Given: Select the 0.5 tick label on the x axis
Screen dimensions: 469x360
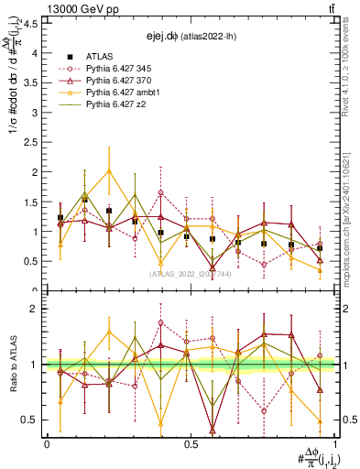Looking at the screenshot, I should (190, 443).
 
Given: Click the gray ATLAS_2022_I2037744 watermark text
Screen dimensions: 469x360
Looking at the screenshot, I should (190, 273).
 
